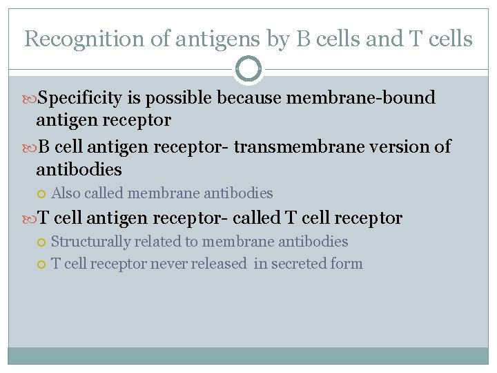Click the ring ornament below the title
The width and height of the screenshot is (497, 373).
click(248, 69)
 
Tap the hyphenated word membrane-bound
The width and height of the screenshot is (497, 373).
click(360, 99)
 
